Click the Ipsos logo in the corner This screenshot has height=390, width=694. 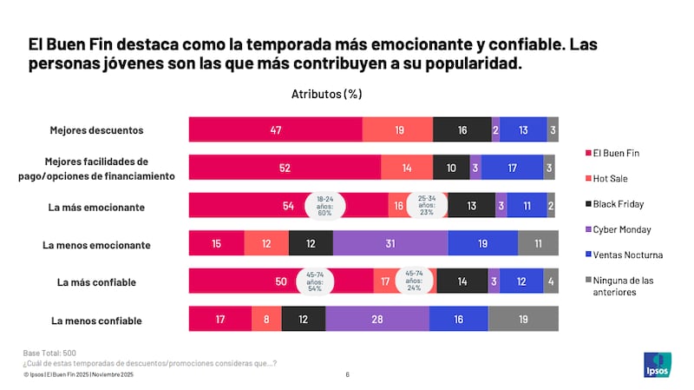pos(656,366)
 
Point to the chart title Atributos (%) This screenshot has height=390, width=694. pos(326,94)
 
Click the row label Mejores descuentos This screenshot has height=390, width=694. pos(96,130)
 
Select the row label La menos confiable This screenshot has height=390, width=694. pos(96,321)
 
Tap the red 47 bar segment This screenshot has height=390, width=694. pos(275,130)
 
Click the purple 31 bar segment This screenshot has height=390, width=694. pos(390,245)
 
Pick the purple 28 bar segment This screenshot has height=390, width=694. pos(376,321)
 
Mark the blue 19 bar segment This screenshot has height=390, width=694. pos(482,245)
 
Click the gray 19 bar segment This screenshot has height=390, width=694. pos(522,321)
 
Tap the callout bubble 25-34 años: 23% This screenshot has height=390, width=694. pos(427,206)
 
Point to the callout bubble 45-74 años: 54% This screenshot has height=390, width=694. pos(315,282)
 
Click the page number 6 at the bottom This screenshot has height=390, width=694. pos(347,375)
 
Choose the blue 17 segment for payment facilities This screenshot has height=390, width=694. pos(512,168)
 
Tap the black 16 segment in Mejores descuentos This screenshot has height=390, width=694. pos(462,130)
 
